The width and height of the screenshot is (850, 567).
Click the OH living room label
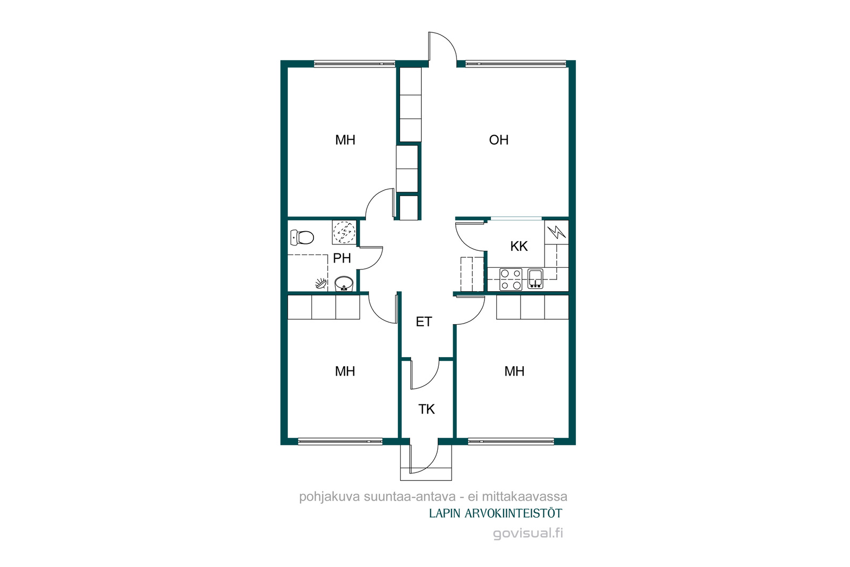pyautogui.click(x=499, y=140)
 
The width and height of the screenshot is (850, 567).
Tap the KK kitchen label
pyautogui.click(x=518, y=247)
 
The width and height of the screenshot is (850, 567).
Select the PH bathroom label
pyautogui.click(x=342, y=258)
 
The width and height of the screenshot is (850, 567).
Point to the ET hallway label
pyautogui.click(x=424, y=322)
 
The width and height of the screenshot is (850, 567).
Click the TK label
pyautogui.click(x=427, y=409)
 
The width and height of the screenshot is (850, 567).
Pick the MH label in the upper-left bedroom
pyautogui.click(x=345, y=140)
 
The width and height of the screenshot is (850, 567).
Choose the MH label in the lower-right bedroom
pyautogui.click(x=514, y=371)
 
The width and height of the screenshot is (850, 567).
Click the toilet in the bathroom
pyautogui.click(x=302, y=238)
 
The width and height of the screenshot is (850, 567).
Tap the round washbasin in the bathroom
pyautogui.click(x=344, y=284)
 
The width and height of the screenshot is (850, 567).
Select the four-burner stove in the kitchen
pyautogui.click(x=511, y=280)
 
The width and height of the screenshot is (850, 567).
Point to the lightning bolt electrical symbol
pyautogui.click(x=557, y=232)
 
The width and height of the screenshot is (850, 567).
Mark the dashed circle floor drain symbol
pyautogui.click(x=344, y=232)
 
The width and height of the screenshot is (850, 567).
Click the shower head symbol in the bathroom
pyautogui.click(x=321, y=284)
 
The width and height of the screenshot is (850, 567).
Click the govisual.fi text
pyautogui.click(x=528, y=533)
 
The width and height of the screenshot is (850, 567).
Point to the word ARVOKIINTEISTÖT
pyautogui.click(x=513, y=513)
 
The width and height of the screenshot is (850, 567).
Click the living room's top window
pyautogui.click(x=516, y=64)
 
